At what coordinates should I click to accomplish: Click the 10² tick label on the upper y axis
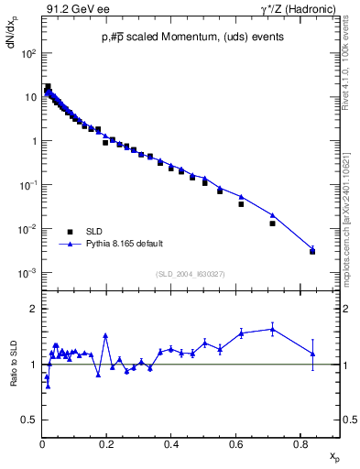[x=28, y=53]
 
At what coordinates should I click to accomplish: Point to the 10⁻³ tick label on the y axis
[x=28, y=273]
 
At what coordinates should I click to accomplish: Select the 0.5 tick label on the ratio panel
[x=30, y=420]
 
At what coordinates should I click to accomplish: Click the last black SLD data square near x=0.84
[x=312, y=251]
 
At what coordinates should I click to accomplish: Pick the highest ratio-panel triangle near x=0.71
[x=272, y=329]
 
